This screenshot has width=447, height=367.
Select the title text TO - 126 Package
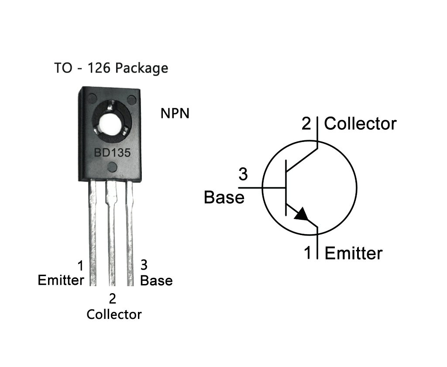[111, 68]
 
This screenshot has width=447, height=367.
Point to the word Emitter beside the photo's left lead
[61, 280]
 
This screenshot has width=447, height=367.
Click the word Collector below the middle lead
[114, 314]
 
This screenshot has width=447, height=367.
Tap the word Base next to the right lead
[156, 280]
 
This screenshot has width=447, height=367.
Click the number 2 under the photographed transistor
[113, 299]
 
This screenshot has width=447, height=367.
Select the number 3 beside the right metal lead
[144, 265]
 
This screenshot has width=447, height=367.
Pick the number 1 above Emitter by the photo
[80, 265]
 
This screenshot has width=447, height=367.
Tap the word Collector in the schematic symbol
[360, 124]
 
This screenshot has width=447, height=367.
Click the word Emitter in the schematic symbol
[354, 253]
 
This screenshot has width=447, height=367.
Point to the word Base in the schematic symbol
[224, 197]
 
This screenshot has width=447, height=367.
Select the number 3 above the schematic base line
[243, 174]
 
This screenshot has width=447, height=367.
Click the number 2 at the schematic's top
[306, 124]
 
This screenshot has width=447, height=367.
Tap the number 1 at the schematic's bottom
[308, 253]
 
